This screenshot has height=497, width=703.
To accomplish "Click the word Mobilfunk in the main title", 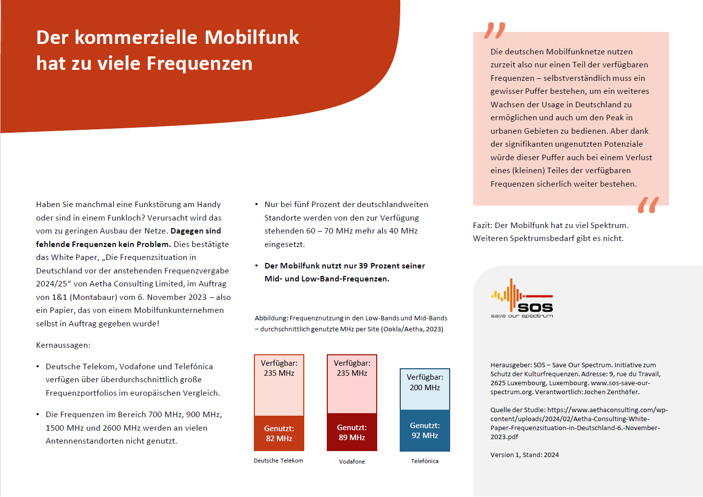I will click(x=251, y=37).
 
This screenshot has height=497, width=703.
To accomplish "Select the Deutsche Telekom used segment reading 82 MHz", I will click(x=279, y=433).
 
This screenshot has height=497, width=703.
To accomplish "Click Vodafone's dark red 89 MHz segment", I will click(x=352, y=432).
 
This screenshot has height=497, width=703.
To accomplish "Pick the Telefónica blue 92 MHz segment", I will click(x=425, y=430).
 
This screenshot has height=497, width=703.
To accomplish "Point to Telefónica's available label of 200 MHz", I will click(x=425, y=382).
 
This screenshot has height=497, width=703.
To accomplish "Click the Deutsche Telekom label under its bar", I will click(x=278, y=461).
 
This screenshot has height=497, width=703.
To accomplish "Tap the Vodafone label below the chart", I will click(x=352, y=462).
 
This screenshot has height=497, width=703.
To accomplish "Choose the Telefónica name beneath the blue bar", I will click(x=425, y=461).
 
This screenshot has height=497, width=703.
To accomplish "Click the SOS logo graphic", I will click(x=522, y=298).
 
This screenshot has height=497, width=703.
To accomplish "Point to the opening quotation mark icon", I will click(x=495, y=30).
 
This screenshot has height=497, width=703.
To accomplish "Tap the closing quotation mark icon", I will click(x=648, y=205).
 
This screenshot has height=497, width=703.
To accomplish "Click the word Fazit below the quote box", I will click(x=482, y=226).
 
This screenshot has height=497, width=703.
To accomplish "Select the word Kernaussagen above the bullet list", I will click(x=63, y=345).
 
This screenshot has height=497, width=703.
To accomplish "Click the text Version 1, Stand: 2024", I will click(x=524, y=455).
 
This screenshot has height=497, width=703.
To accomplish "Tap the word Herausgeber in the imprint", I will click(x=510, y=365).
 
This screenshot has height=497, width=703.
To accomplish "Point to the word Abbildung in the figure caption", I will click(x=271, y=318).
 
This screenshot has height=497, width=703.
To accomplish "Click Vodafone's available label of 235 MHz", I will click(x=352, y=368).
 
